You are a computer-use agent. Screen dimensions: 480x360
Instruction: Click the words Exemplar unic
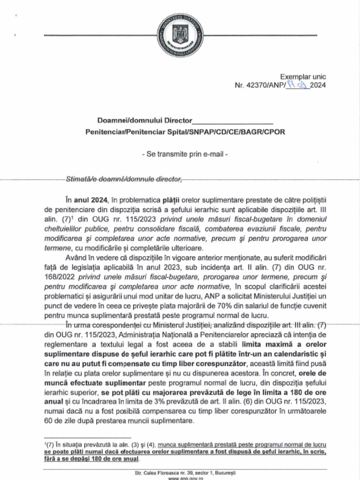(x=303, y=77)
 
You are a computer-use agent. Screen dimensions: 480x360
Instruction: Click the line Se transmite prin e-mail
(x=185, y=153)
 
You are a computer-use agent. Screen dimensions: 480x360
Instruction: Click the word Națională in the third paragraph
(x=160, y=336)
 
